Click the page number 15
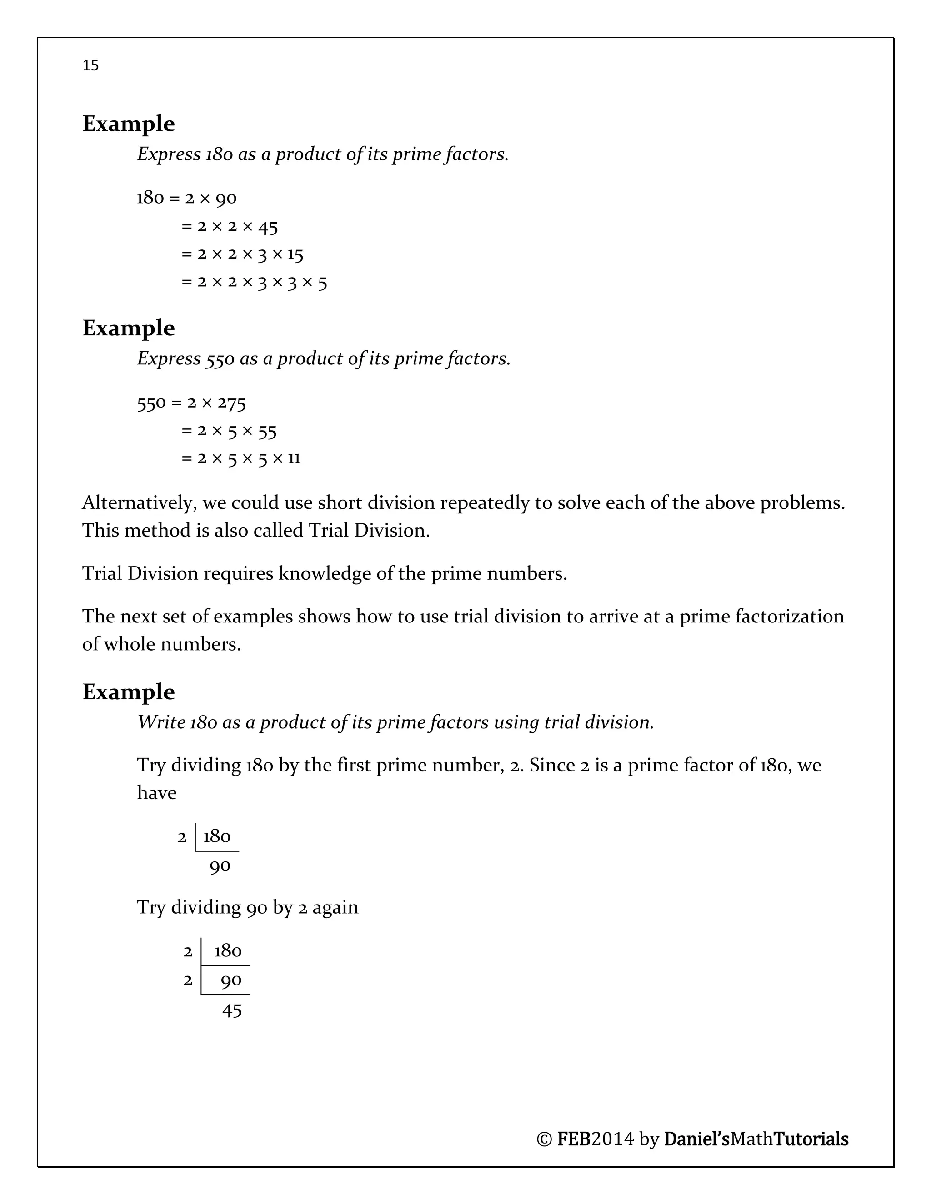click(90, 65)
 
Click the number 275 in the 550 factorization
click(232, 403)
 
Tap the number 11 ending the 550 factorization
click(294, 458)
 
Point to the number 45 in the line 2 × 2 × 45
click(268, 227)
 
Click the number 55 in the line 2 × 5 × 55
click(267, 431)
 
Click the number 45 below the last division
click(232, 1010)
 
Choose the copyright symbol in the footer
click(544, 1139)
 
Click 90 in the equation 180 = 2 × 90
click(225, 198)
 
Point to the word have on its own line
click(157, 793)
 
